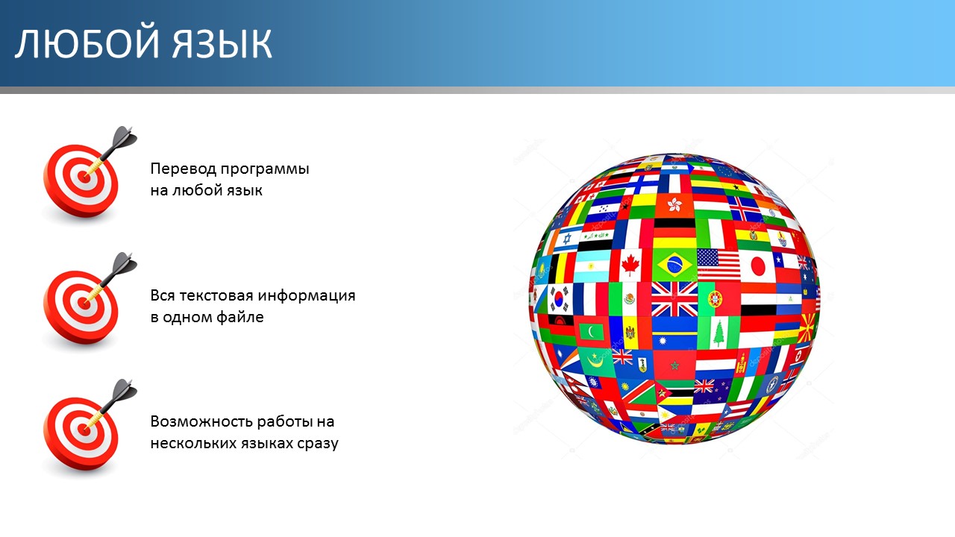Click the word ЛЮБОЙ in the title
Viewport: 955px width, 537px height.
(87, 43)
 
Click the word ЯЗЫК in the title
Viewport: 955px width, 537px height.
(222, 43)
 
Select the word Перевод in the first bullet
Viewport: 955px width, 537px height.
(184, 169)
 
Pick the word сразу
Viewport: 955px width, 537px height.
(318, 444)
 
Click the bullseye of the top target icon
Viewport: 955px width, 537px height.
(84, 178)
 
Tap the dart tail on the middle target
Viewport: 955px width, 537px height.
(125, 264)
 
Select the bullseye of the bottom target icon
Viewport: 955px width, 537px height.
(84, 430)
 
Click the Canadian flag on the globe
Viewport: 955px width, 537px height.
(630, 265)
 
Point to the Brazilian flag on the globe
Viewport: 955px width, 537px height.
(674, 265)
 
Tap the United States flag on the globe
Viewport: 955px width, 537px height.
(718, 264)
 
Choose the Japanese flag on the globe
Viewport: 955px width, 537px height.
(758, 266)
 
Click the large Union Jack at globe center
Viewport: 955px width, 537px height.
(674, 299)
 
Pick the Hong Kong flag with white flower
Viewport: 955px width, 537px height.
(674, 205)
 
